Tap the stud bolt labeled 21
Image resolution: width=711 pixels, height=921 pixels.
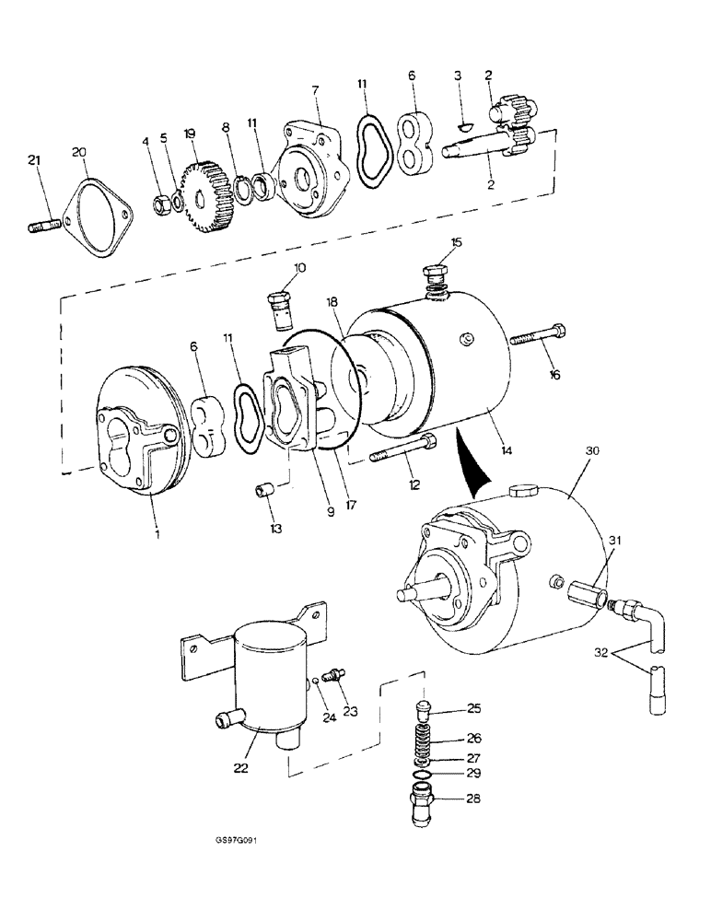(44, 222)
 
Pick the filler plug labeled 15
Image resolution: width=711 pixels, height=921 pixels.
(436, 275)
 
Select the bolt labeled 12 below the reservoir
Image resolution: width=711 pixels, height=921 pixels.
(401, 451)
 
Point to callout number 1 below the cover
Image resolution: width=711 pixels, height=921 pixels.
(157, 532)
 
